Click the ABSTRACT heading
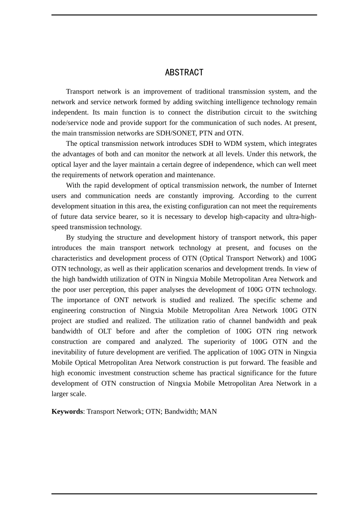tap(184, 72)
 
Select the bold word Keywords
tap(67, 411)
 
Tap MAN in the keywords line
tap(208, 411)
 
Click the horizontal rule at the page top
tap(184, 15)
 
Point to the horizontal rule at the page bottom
tap(184, 493)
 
